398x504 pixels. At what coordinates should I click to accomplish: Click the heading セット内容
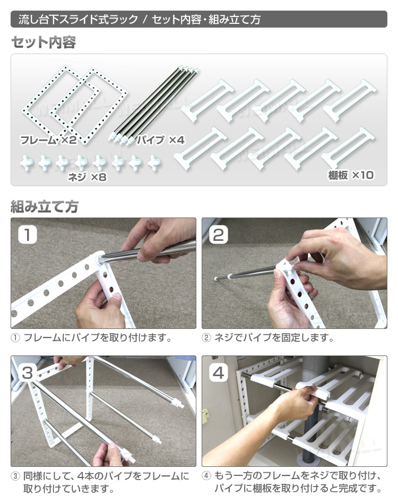tap(44, 42)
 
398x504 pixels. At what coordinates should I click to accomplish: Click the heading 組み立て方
tap(45, 206)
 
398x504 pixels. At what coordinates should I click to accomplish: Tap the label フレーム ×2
tap(48, 140)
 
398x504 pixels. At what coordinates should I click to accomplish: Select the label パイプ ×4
tap(160, 140)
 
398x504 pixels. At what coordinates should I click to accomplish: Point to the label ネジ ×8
tap(87, 177)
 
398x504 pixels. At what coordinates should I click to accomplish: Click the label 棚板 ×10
tap(351, 175)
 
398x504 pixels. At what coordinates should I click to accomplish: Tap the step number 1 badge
tap(27, 234)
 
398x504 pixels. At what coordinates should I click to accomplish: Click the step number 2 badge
tap(218, 234)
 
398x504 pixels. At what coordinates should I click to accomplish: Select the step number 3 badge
tap(27, 373)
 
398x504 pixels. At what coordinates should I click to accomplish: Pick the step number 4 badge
tap(218, 373)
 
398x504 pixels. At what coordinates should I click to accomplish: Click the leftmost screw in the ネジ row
tap(27, 163)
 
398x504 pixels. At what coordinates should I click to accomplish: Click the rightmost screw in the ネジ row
tap(154, 163)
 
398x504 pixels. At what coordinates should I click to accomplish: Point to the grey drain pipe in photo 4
tap(308, 412)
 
